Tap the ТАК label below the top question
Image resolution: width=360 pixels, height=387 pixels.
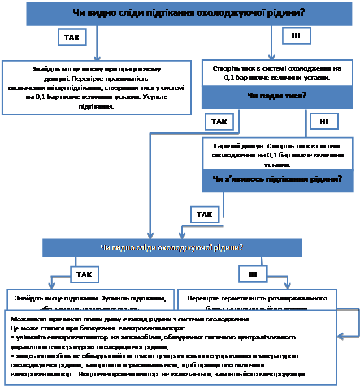tap(72, 37)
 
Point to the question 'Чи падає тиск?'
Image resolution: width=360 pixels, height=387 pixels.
tap(276, 96)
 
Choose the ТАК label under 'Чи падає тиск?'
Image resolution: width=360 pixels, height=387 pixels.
tap(219, 122)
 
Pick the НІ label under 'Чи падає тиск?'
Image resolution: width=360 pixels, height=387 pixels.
tap(324, 121)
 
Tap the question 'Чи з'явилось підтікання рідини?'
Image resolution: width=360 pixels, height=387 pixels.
tap(277, 179)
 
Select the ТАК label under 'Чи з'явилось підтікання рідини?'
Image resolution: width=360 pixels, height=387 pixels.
tap(205, 215)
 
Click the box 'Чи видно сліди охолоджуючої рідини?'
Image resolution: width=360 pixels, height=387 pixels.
tap(172, 247)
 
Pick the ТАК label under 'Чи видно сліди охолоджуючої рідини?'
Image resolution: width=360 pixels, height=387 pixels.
tap(84, 274)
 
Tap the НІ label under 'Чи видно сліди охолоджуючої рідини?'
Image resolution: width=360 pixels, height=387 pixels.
tap(253, 274)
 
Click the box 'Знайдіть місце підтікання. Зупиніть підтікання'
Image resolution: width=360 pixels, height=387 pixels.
tap(90, 299)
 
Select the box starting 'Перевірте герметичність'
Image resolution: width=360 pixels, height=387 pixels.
tap(257, 299)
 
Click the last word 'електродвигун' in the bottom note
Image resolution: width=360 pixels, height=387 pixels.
tap(284, 375)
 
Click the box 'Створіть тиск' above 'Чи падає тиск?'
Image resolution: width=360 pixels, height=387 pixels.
tap(276, 72)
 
